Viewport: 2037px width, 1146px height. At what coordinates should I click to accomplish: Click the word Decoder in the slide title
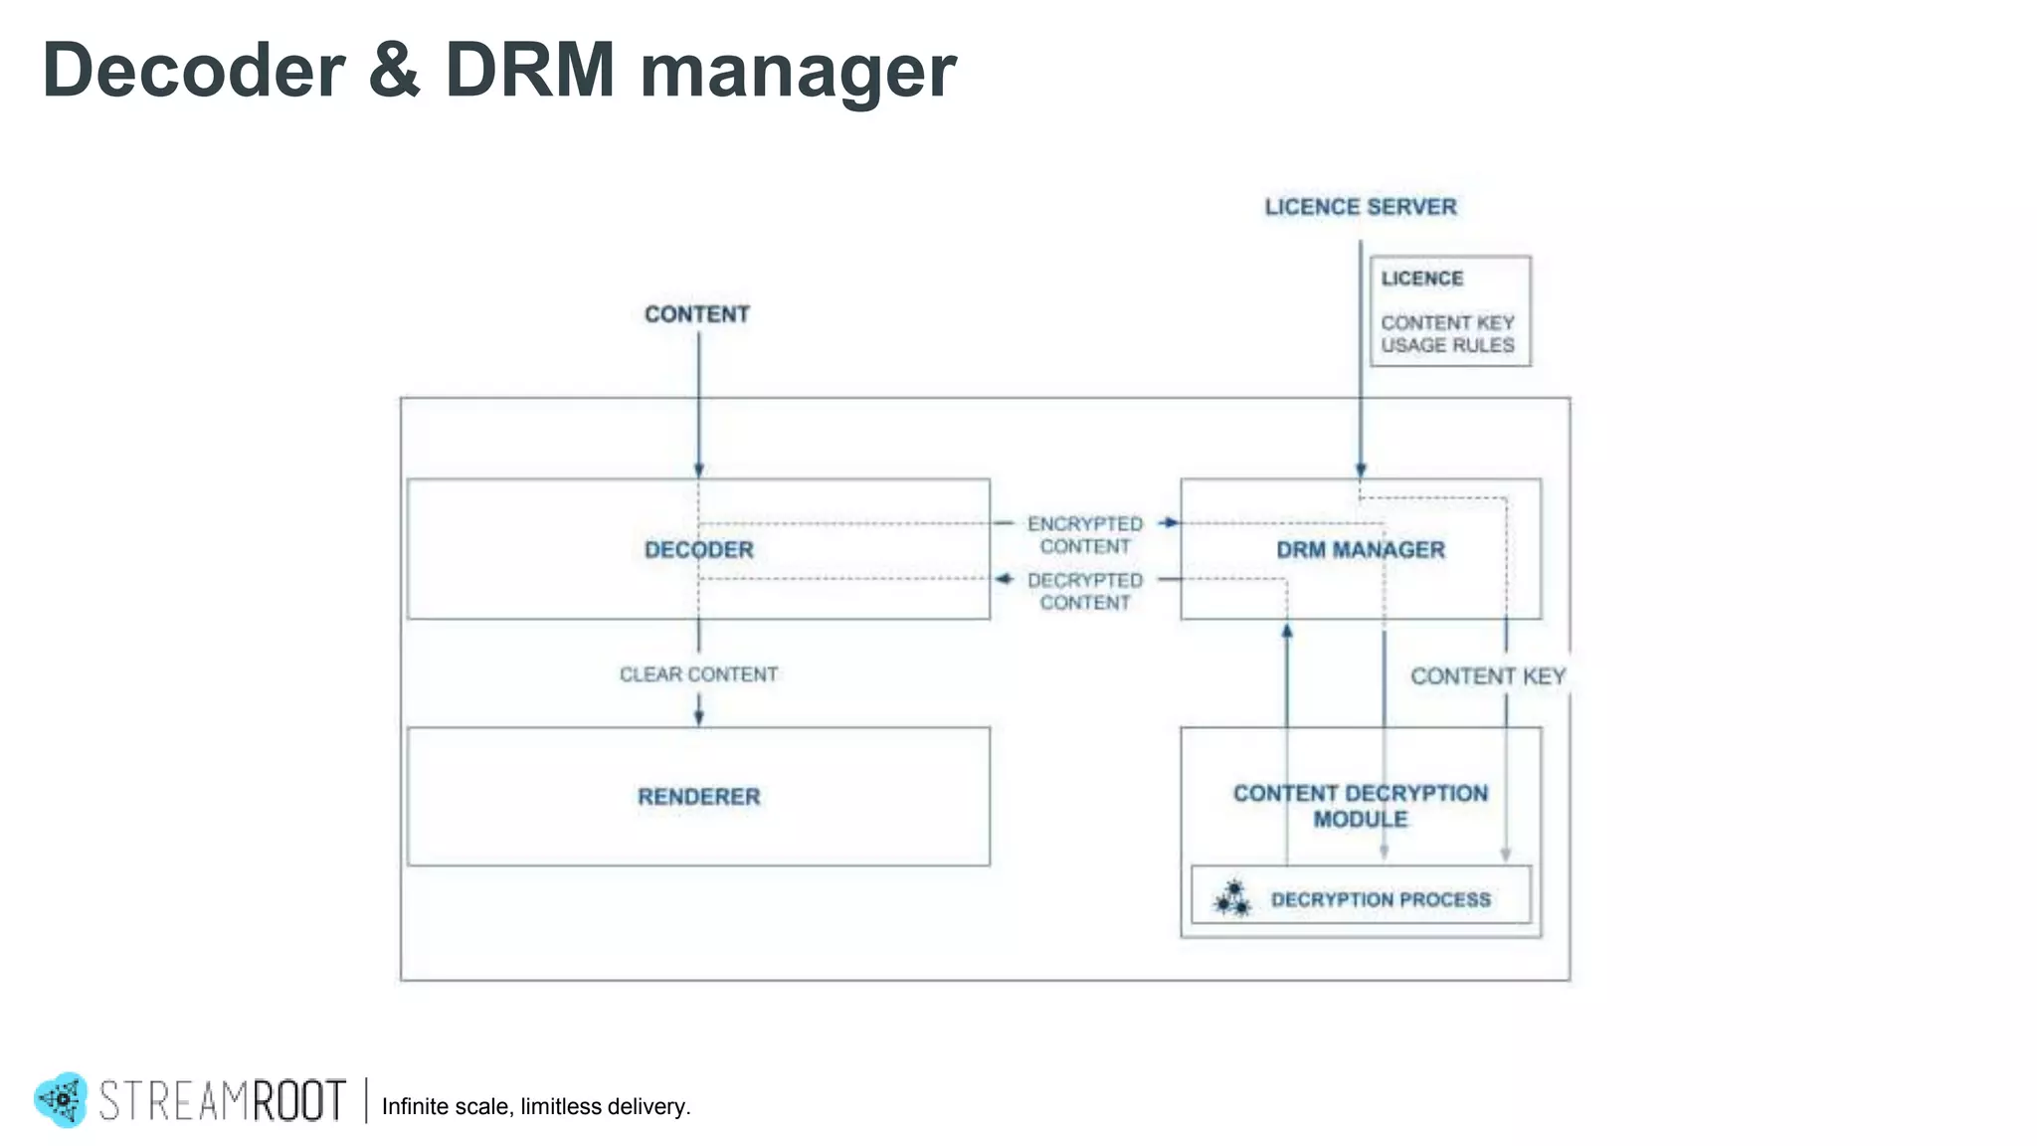pos(194,71)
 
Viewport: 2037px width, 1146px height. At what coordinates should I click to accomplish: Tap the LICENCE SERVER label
pos(1360,207)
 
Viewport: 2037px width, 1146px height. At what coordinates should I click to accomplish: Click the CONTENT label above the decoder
pos(696,314)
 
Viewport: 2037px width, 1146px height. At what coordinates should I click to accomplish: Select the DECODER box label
pos(698,550)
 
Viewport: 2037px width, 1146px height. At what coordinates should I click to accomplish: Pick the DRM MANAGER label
pos(1360,550)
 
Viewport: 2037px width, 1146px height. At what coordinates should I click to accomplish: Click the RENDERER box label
pos(698,797)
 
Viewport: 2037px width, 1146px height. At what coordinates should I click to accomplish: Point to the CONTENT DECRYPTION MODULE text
pos(1360,806)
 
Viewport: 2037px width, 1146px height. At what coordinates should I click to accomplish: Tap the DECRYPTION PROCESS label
pos(1381,900)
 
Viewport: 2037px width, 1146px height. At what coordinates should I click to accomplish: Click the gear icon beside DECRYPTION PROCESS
pos(1232,898)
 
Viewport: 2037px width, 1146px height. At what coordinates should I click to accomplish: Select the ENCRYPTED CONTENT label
pos(1084,535)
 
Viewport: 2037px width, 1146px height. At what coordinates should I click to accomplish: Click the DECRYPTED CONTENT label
pos(1084,592)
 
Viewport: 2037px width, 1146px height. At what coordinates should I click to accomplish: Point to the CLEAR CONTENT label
pos(698,674)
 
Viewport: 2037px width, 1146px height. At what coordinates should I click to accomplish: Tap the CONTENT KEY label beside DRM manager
pos(1487,676)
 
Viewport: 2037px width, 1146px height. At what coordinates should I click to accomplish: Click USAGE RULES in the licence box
pos(1446,345)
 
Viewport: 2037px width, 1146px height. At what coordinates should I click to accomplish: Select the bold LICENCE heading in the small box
pos(1421,279)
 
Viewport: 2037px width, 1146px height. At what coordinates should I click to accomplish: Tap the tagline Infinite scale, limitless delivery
pos(535,1106)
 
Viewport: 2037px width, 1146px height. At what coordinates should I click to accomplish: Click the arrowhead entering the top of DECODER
pos(698,471)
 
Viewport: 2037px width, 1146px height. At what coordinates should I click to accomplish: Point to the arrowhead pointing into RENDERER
pos(698,717)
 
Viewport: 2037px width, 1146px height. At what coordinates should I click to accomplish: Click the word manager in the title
pos(797,71)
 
